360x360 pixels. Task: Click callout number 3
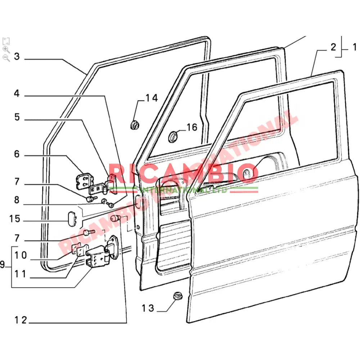(17, 57)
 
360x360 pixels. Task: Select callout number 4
(17, 94)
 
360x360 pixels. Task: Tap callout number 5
(17, 117)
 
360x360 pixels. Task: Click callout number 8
(17, 200)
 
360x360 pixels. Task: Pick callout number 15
(15, 219)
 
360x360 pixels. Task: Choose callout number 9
(3, 265)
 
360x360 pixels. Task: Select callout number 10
(21, 255)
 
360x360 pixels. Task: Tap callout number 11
(21, 274)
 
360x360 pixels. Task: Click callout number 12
(21, 320)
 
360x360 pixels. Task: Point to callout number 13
(148, 308)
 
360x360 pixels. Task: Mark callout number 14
(152, 98)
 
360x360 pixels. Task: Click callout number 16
(192, 127)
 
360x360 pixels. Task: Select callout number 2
(333, 47)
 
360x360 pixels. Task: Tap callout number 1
(354, 47)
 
